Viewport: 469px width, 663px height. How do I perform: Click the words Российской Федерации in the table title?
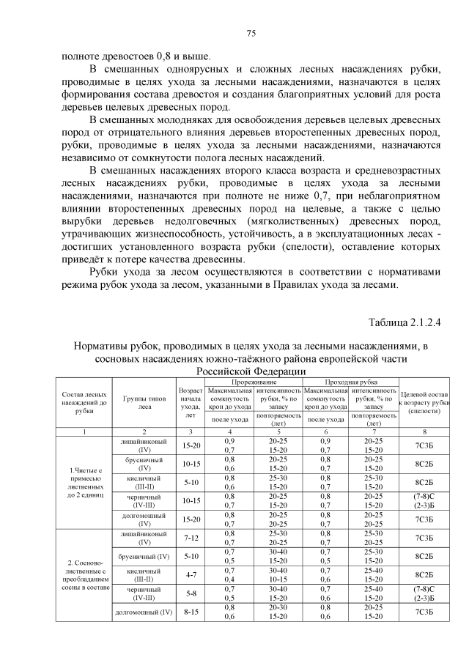[251, 372]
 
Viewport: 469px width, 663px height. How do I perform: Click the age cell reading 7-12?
[190, 538]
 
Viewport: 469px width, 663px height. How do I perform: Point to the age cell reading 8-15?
[190, 611]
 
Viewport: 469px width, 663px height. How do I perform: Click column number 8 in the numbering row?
[425, 431]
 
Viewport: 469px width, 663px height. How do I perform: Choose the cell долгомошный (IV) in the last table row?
[144, 611]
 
